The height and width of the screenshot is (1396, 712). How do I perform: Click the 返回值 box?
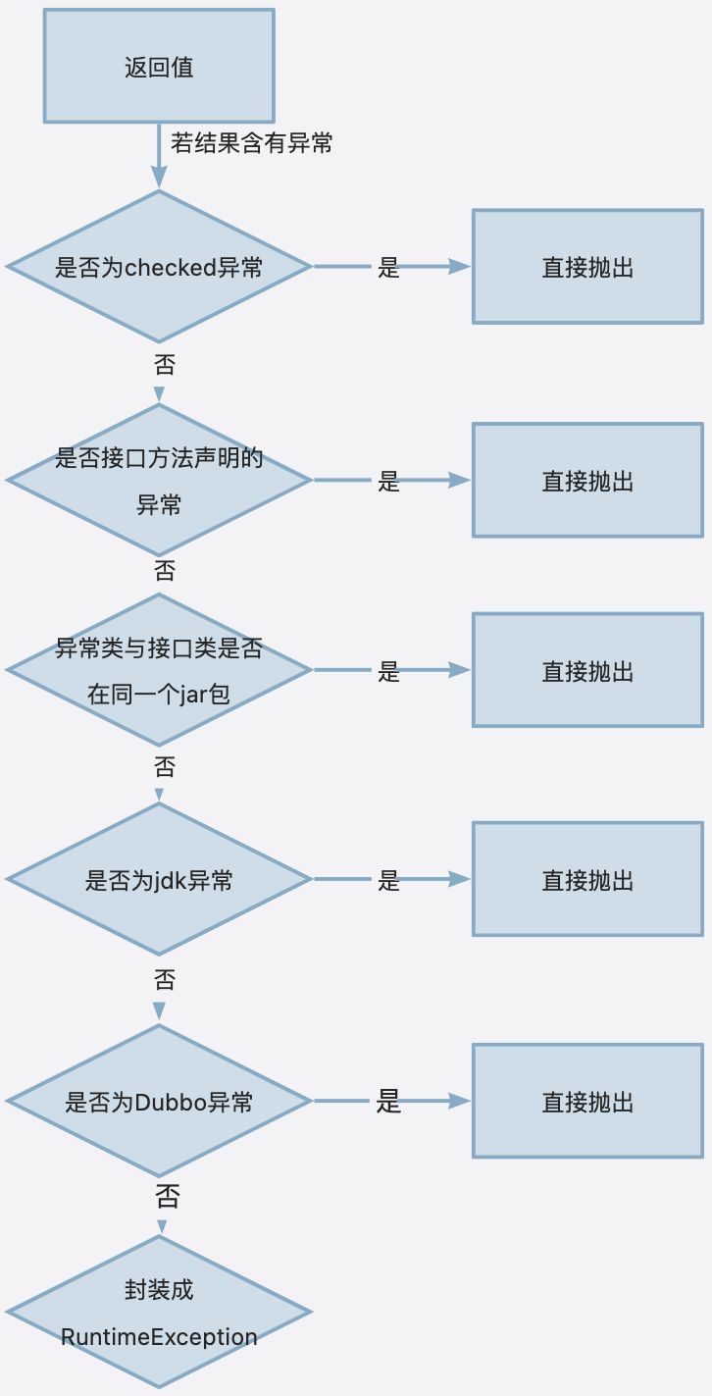[x=158, y=67]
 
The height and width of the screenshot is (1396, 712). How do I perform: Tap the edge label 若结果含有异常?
[x=252, y=143]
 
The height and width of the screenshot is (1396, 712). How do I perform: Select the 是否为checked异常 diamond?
[x=159, y=267]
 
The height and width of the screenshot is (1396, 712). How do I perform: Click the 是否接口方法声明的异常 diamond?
[x=159, y=481]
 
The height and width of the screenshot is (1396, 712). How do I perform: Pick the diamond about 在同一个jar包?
[x=159, y=671]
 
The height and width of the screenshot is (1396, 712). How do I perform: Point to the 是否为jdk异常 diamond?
[x=159, y=880]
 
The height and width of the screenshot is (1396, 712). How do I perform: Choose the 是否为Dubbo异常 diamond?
[x=159, y=1102]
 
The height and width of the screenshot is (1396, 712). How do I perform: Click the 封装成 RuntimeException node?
[x=159, y=1313]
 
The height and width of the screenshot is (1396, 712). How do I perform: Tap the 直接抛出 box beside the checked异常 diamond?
[x=587, y=267]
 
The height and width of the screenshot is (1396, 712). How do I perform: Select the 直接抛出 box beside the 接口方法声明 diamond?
[x=587, y=481]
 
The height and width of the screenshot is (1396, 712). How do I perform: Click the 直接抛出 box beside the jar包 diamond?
[x=587, y=671]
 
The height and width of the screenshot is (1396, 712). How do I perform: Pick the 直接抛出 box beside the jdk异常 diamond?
[x=587, y=880]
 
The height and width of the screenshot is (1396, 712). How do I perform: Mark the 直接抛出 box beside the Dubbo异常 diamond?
[x=587, y=1102]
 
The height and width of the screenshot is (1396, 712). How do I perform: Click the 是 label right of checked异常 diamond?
[x=389, y=268]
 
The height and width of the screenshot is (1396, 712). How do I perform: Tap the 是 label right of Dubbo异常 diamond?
[x=389, y=1102]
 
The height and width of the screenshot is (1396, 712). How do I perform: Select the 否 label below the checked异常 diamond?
[x=165, y=365]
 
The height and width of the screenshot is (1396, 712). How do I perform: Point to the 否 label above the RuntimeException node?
[x=167, y=1196]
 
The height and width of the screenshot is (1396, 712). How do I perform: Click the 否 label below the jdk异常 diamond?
[x=165, y=979]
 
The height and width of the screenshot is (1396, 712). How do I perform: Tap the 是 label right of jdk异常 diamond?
[x=389, y=881]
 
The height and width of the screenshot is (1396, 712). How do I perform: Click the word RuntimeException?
[x=159, y=1337]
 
